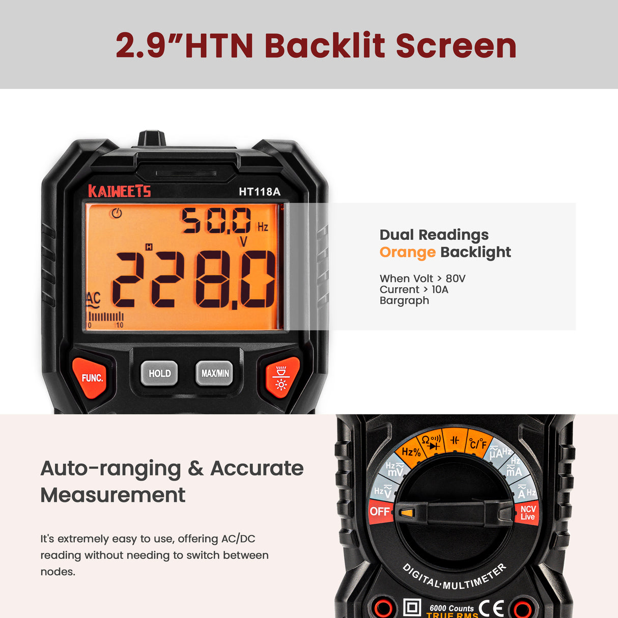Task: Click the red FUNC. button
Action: pos(92,377)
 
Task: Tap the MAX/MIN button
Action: pos(215,373)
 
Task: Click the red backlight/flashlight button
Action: pos(281,377)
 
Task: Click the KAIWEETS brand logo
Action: pos(120,191)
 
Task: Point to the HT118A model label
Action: pos(260,192)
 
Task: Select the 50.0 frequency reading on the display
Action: pos(216,221)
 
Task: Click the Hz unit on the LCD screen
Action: pos(263,227)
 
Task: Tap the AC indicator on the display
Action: pos(93,299)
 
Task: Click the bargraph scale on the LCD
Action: pos(106,318)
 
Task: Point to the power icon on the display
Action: pos(117,213)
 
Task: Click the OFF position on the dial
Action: pos(380,512)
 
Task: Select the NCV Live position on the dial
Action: pos(528,513)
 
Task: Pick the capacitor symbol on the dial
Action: pos(455,440)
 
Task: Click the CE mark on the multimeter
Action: pos(491,608)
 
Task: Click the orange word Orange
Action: pos(407,252)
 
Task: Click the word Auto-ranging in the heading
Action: pos(110,468)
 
